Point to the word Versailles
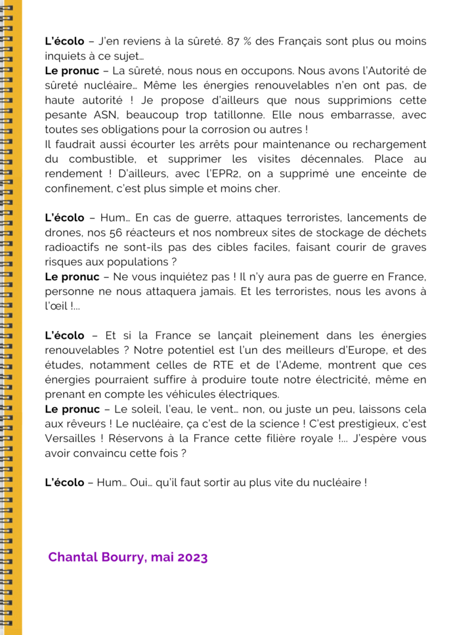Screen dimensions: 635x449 click(x=72, y=438)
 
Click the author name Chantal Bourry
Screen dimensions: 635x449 click(x=96, y=558)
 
